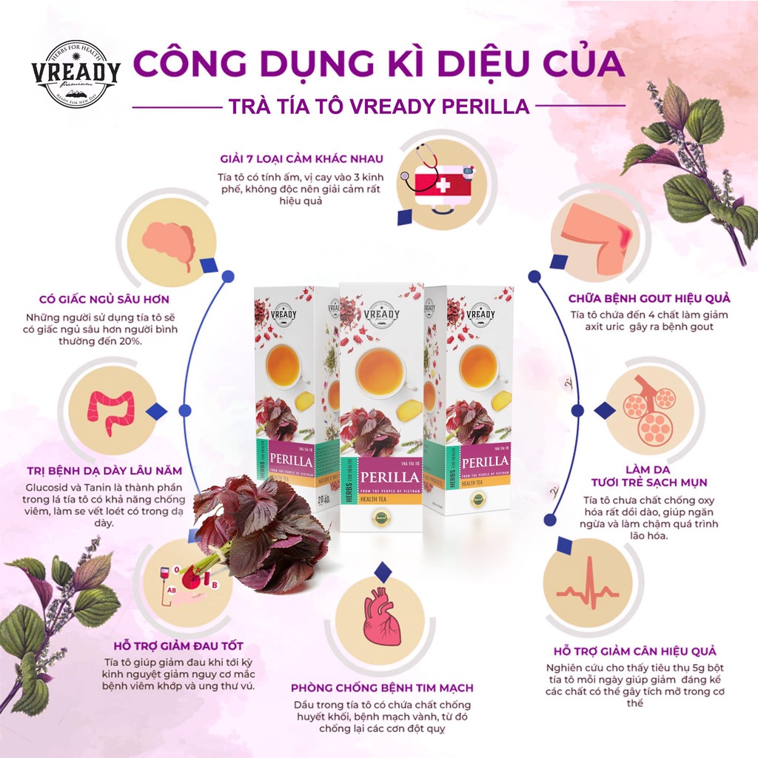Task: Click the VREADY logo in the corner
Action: click(x=76, y=73)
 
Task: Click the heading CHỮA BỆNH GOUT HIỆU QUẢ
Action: click(x=649, y=298)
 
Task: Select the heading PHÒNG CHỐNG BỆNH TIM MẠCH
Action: click(x=383, y=688)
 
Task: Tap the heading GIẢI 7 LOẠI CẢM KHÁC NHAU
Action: click(x=305, y=158)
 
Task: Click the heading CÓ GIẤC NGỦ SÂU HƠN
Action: click(x=104, y=300)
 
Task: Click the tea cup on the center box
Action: click(x=381, y=370)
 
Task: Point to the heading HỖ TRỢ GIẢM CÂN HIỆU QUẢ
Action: click(x=635, y=651)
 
